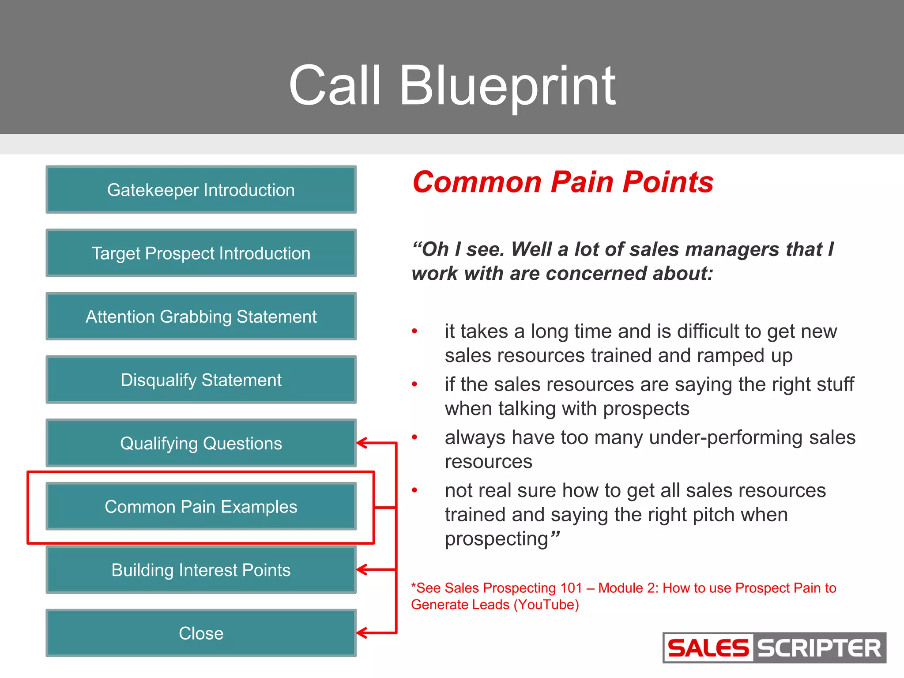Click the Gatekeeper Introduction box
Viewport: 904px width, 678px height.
click(x=201, y=190)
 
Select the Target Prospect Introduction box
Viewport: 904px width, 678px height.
click(x=201, y=253)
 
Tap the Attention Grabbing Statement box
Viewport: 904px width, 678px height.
click(x=201, y=316)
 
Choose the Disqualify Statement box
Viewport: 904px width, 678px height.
click(x=201, y=380)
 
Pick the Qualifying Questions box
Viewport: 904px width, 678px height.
click(x=201, y=443)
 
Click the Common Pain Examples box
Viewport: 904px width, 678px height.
click(x=201, y=507)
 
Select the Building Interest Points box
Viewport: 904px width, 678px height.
click(x=201, y=570)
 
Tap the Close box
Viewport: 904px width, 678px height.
click(x=201, y=633)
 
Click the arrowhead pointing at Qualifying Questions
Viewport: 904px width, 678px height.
click(x=362, y=443)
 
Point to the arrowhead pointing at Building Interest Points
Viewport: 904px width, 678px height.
click(x=362, y=570)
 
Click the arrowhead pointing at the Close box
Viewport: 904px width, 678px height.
click(x=362, y=633)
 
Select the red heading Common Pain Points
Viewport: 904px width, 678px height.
click(x=563, y=182)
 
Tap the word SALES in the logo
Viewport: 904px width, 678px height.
click(x=708, y=648)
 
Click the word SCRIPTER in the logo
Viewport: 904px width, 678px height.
click(x=819, y=648)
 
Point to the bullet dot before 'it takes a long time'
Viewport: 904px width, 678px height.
click(x=414, y=331)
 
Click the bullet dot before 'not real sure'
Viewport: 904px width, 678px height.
click(x=414, y=490)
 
